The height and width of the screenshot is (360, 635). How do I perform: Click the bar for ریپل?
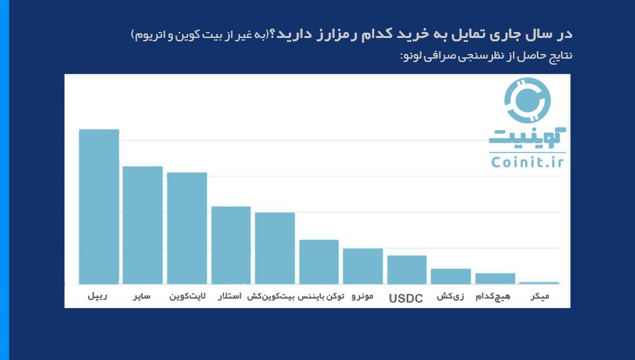pos(99,207)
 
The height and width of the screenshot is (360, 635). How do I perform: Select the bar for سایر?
pos(143,225)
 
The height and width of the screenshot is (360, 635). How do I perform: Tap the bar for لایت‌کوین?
pos(187,229)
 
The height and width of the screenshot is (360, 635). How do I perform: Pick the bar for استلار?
pos(231,245)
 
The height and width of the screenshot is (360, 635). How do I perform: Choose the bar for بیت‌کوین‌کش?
pos(275,248)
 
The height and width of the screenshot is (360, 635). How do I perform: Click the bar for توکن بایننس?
pos(319,262)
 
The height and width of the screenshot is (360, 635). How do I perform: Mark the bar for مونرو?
pos(363,266)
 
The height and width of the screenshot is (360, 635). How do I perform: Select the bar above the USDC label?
pos(407,270)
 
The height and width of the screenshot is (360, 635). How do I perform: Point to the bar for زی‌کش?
pos(451,277)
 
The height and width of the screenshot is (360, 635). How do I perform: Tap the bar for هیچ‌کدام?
pos(495,279)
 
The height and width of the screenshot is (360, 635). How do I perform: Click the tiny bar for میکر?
pos(539,283)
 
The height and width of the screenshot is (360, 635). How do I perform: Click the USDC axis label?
pos(406,299)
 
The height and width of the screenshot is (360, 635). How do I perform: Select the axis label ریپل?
pos(98,295)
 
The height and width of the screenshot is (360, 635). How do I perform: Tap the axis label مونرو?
pos(362,295)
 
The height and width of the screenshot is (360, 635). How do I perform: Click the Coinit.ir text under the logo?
pos(527,162)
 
